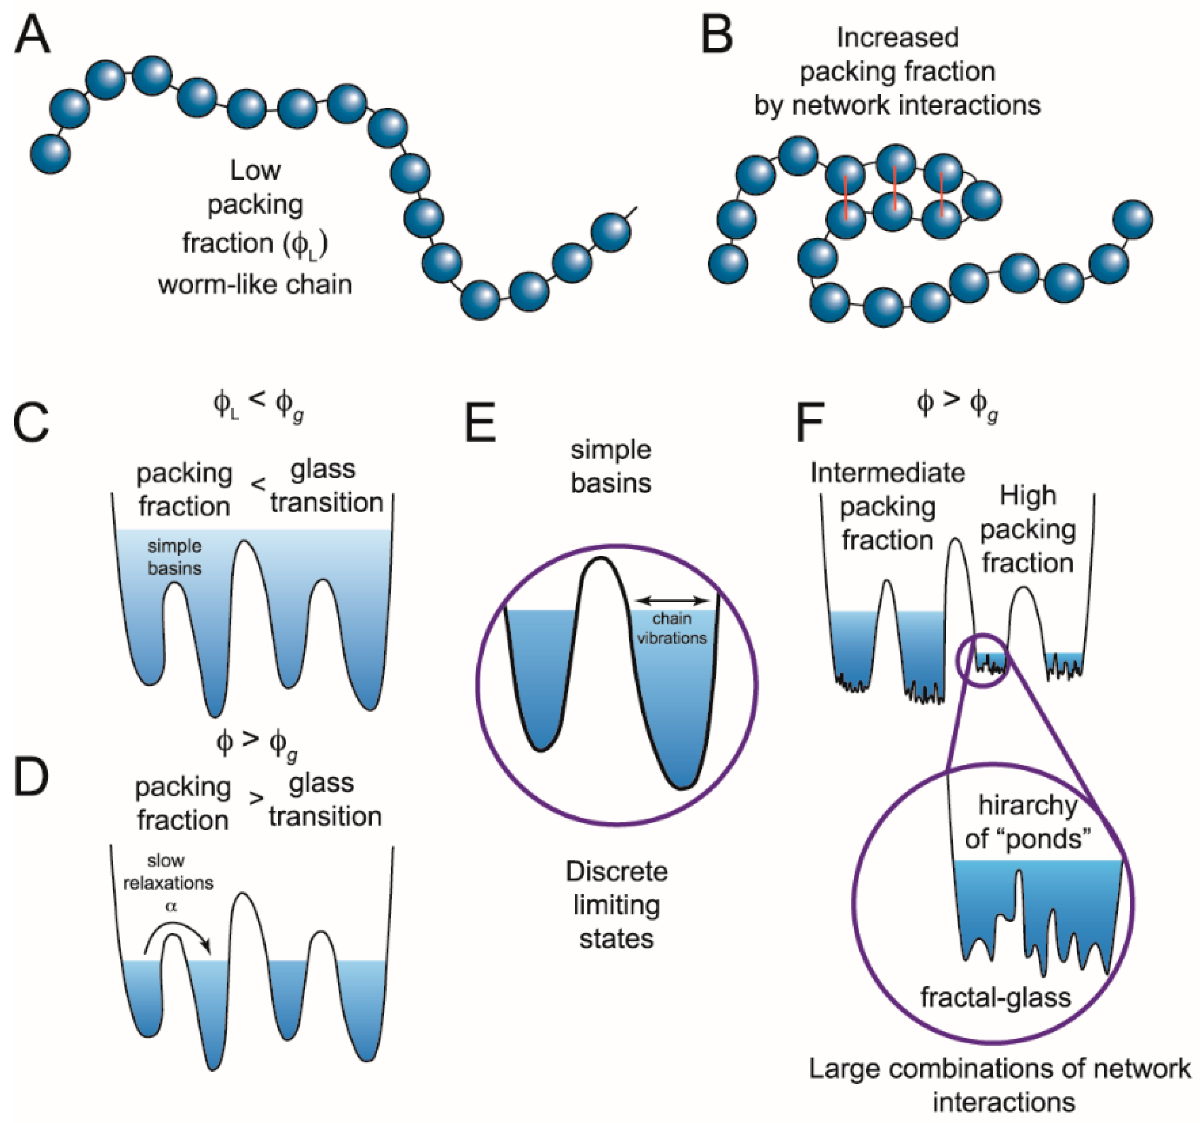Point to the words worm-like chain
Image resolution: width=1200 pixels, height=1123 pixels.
click(255, 284)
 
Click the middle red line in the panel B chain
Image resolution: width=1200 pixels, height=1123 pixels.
click(895, 188)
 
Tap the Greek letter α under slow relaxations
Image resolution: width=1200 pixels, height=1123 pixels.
click(171, 906)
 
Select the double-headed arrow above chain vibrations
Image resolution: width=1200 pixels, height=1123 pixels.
click(672, 601)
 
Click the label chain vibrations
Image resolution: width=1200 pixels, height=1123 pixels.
click(672, 628)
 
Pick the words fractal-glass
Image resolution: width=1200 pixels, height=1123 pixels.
click(995, 997)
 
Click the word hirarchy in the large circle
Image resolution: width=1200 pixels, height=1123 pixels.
click(1028, 805)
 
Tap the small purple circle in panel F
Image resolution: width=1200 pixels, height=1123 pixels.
click(982, 660)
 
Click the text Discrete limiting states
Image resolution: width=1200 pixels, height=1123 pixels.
click(616, 904)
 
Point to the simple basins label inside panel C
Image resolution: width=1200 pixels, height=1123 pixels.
click(175, 557)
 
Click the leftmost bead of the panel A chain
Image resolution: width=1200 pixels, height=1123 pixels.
click(51, 153)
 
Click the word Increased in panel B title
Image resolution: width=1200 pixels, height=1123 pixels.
click(897, 38)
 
